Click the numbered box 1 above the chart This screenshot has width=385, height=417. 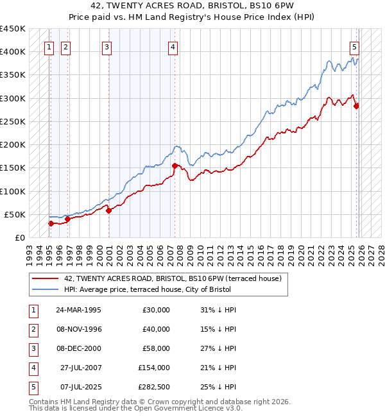click(x=49, y=46)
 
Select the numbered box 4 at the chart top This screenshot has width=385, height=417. click(x=173, y=46)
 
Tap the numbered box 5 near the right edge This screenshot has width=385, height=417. click(x=354, y=46)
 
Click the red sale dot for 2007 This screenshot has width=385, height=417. click(x=175, y=166)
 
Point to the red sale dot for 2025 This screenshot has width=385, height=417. click(x=356, y=106)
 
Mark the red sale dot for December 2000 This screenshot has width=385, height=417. click(x=108, y=210)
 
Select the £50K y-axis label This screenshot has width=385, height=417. click(x=15, y=214)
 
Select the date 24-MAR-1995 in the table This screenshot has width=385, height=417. click(x=78, y=310)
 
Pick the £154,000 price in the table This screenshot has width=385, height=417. click(x=154, y=368)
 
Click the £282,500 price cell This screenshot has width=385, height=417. click(x=154, y=387)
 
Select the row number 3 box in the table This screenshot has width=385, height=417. click(x=33, y=348)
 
